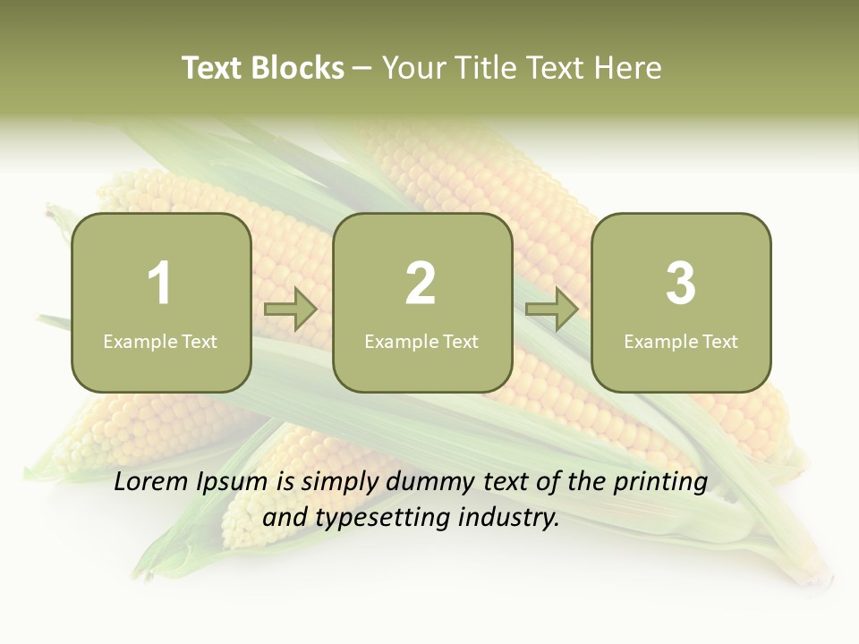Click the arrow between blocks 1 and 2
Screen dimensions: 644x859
tap(291, 309)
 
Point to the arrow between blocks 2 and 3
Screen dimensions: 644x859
tap(552, 309)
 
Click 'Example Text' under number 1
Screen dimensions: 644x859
tap(160, 342)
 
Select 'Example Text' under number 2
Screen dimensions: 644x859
tap(421, 342)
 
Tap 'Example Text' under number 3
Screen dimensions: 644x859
tap(681, 342)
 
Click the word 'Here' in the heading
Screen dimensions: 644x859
tap(627, 68)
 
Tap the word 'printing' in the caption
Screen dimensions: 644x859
tap(660, 483)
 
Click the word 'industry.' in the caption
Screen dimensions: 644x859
tap(509, 517)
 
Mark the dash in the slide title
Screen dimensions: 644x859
tap(362, 68)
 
